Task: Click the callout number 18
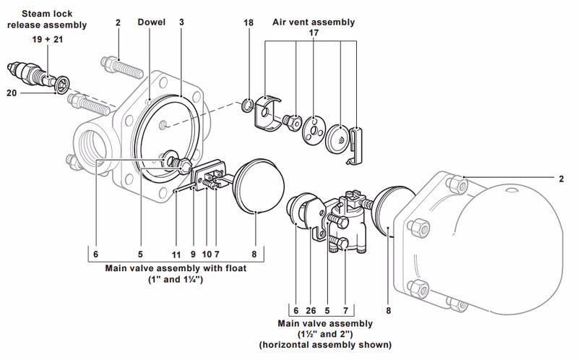click(249, 22)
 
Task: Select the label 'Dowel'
click(152, 22)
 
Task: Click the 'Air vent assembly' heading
click(314, 22)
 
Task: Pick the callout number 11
click(176, 254)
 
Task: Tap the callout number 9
click(193, 254)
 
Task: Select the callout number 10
click(206, 254)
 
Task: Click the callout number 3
click(182, 22)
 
